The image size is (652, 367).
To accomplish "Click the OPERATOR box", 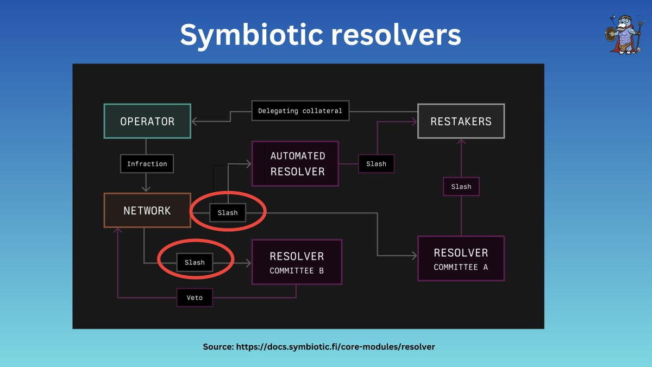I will pyautogui.click(x=147, y=121).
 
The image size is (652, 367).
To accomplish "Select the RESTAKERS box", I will pyautogui.click(x=461, y=121).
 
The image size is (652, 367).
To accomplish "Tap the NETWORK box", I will pyautogui.click(x=147, y=211).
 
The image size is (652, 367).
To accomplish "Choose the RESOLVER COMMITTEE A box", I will pyautogui.click(x=461, y=258).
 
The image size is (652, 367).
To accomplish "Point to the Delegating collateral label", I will pyautogui.click(x=300, y=111).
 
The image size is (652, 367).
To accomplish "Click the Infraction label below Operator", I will pyautogui.click(x=147, y=164).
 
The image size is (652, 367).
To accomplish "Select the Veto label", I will pyautogui.click(x=195, y=298).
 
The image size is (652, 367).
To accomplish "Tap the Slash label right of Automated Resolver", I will pyautogui.click(x=376, y=164).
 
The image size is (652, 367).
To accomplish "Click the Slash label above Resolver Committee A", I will pyautogui.click(x=461, y=187).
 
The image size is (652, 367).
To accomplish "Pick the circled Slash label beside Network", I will pyautogui.click(x=228, y=213).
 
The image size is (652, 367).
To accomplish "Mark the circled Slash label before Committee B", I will pyautogui.click(x=195, y=262).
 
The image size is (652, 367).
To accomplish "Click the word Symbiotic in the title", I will pyautogui.click(x=250, y=35).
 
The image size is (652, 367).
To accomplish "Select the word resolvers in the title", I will pyautogui.click(x=397, y=35).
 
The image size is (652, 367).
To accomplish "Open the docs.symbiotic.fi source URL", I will pyautogui.click(x=335, y=346).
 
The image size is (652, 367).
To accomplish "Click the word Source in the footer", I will pyautogui.click(x=218, y=346).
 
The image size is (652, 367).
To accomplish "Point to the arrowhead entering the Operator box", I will pyautogui.click(x=195, y=122).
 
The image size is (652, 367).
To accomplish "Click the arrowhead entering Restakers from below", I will pyautogui.click(x=461, y=142).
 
